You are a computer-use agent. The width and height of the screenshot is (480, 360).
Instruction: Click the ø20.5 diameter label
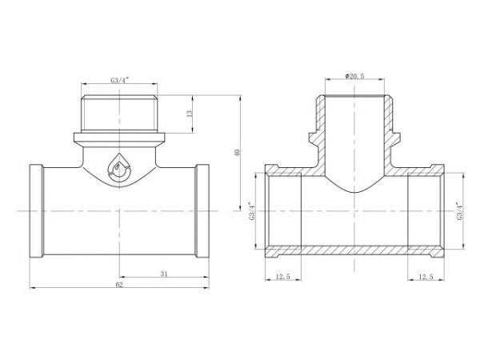click(x=355, y=75)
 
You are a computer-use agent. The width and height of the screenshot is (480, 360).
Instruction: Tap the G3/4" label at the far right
click(x=460, y=211)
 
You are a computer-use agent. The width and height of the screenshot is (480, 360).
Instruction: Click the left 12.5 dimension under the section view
click(x=282, y=277)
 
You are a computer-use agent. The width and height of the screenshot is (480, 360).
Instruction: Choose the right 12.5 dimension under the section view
click(x=425, y=277)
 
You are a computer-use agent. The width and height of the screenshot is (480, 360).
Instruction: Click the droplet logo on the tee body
click(x=119, y=169)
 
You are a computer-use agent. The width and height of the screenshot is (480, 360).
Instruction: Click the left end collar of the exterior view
click(x=37, y=211)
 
